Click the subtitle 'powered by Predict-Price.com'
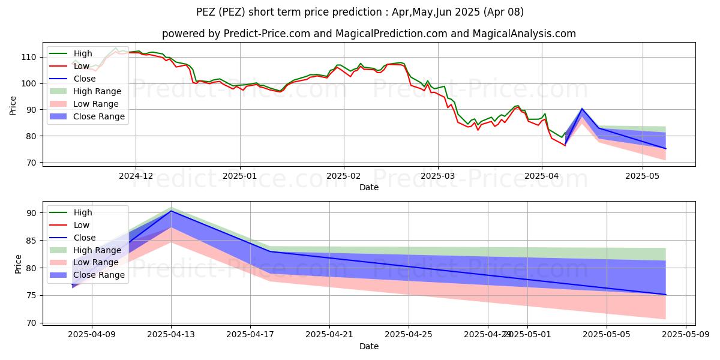368,34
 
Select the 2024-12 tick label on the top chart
136,175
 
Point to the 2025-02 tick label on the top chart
344,175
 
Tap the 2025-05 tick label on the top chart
643,175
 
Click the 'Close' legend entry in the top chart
84,79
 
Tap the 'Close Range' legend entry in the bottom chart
98,275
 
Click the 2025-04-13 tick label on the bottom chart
171,335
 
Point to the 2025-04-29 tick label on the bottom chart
488,335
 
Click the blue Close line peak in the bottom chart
171,211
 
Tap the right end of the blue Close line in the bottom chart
665,295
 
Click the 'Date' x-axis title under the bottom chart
368,347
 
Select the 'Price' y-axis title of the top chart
13,105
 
